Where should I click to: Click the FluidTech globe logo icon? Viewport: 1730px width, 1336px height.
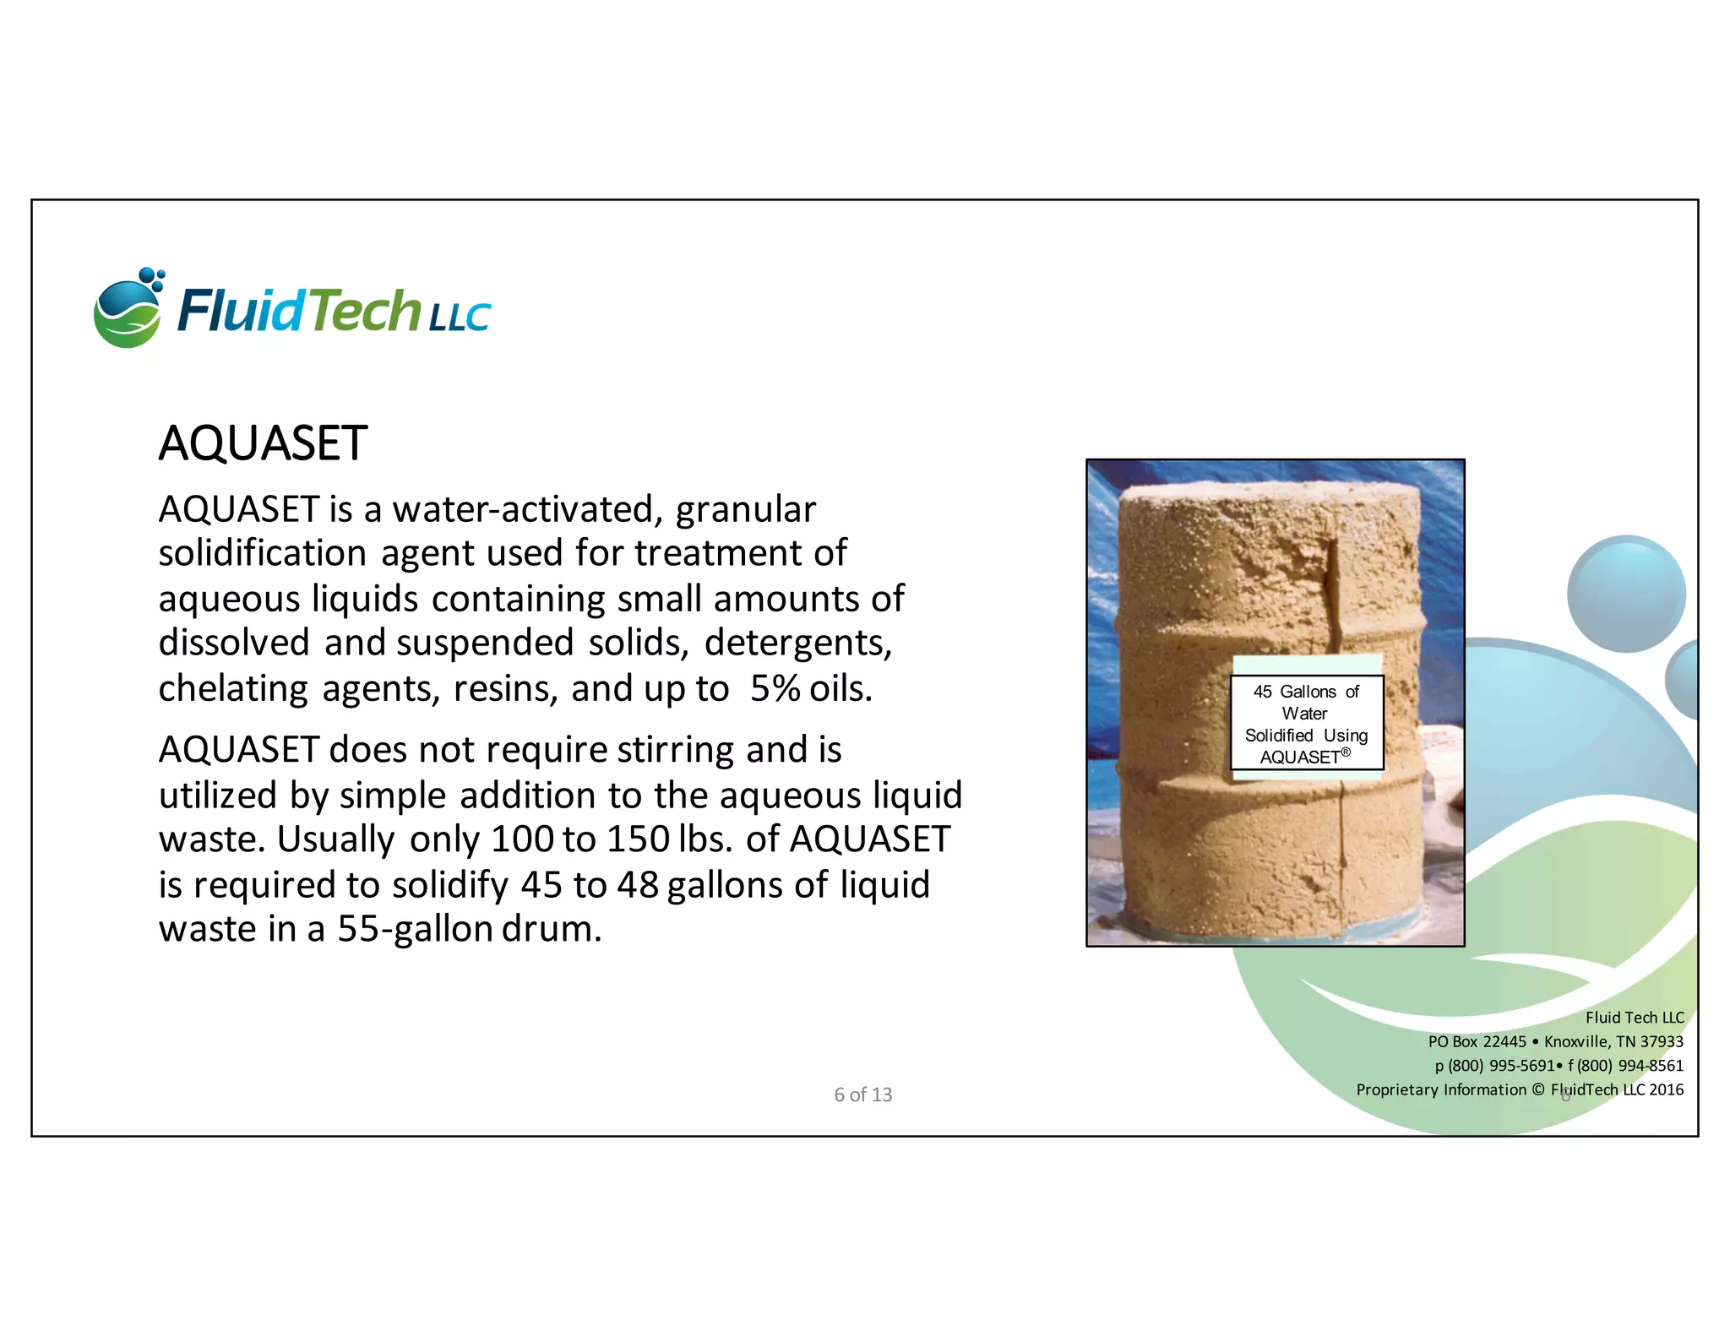(128, 308)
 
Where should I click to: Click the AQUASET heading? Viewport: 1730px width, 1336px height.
(263, 443)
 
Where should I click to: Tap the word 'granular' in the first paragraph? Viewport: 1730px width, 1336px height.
(745, 509)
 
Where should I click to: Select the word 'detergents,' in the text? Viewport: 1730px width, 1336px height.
(798, 643)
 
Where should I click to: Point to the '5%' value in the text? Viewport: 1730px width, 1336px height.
(775, 688)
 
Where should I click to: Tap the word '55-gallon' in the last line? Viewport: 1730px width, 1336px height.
(415, 929)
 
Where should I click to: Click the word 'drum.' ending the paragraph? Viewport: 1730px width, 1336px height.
(552, 929)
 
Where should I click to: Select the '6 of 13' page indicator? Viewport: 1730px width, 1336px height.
(862, 1094)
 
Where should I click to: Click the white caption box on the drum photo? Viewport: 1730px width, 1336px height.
(1306, 723)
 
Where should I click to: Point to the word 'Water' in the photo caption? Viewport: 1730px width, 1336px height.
(1304, 714)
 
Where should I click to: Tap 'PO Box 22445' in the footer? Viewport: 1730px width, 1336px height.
(1477, 1042)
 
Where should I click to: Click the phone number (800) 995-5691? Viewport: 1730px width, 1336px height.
(1501, 1066)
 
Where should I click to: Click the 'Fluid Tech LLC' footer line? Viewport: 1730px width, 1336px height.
(1634, 1018)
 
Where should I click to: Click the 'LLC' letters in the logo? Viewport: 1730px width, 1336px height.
(459, 318)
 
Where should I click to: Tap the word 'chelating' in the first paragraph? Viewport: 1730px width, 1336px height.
(232, 688)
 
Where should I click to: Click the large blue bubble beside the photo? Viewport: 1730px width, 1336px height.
(1625, 594)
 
